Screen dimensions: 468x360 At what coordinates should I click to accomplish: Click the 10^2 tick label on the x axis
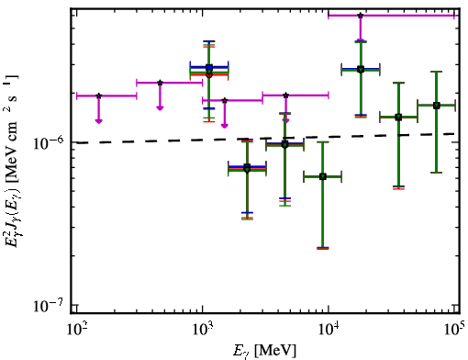click(x=76, y=330)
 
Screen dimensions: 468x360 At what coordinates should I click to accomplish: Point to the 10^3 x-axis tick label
click(x=203, y=330)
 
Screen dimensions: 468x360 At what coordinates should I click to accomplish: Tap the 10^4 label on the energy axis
click(x=329, y=330)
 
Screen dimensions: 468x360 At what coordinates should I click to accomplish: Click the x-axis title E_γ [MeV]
click(x=264, y=351)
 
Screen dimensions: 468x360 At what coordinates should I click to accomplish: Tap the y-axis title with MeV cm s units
click(x=12, y=162)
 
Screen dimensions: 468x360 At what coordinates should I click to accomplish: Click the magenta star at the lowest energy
click(x=98, y=96)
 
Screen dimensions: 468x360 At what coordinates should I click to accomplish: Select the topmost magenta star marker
click(x=361, y=15)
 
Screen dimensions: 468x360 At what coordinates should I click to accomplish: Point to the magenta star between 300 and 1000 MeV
click(x=160, y=83)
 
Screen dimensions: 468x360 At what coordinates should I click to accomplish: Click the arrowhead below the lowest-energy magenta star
click(x=98, y=121)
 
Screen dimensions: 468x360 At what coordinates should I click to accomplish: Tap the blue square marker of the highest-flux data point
click(x=209, y=67)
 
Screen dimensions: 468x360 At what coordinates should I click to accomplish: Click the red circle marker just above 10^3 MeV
click(x=209, y=74)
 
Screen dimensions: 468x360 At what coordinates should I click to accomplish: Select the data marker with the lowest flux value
click(x=323, y=176)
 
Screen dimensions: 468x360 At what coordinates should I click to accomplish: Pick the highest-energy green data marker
click(x=437, y=106)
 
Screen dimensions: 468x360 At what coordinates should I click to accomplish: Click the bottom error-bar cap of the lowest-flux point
click(x=323, y=248)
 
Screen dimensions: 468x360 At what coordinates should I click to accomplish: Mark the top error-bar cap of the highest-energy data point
click(x=437, y=72)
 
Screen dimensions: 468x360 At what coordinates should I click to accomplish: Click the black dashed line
click(x=265, y=139)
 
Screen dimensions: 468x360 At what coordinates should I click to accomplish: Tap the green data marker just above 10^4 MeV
click(x=361, y=70)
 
